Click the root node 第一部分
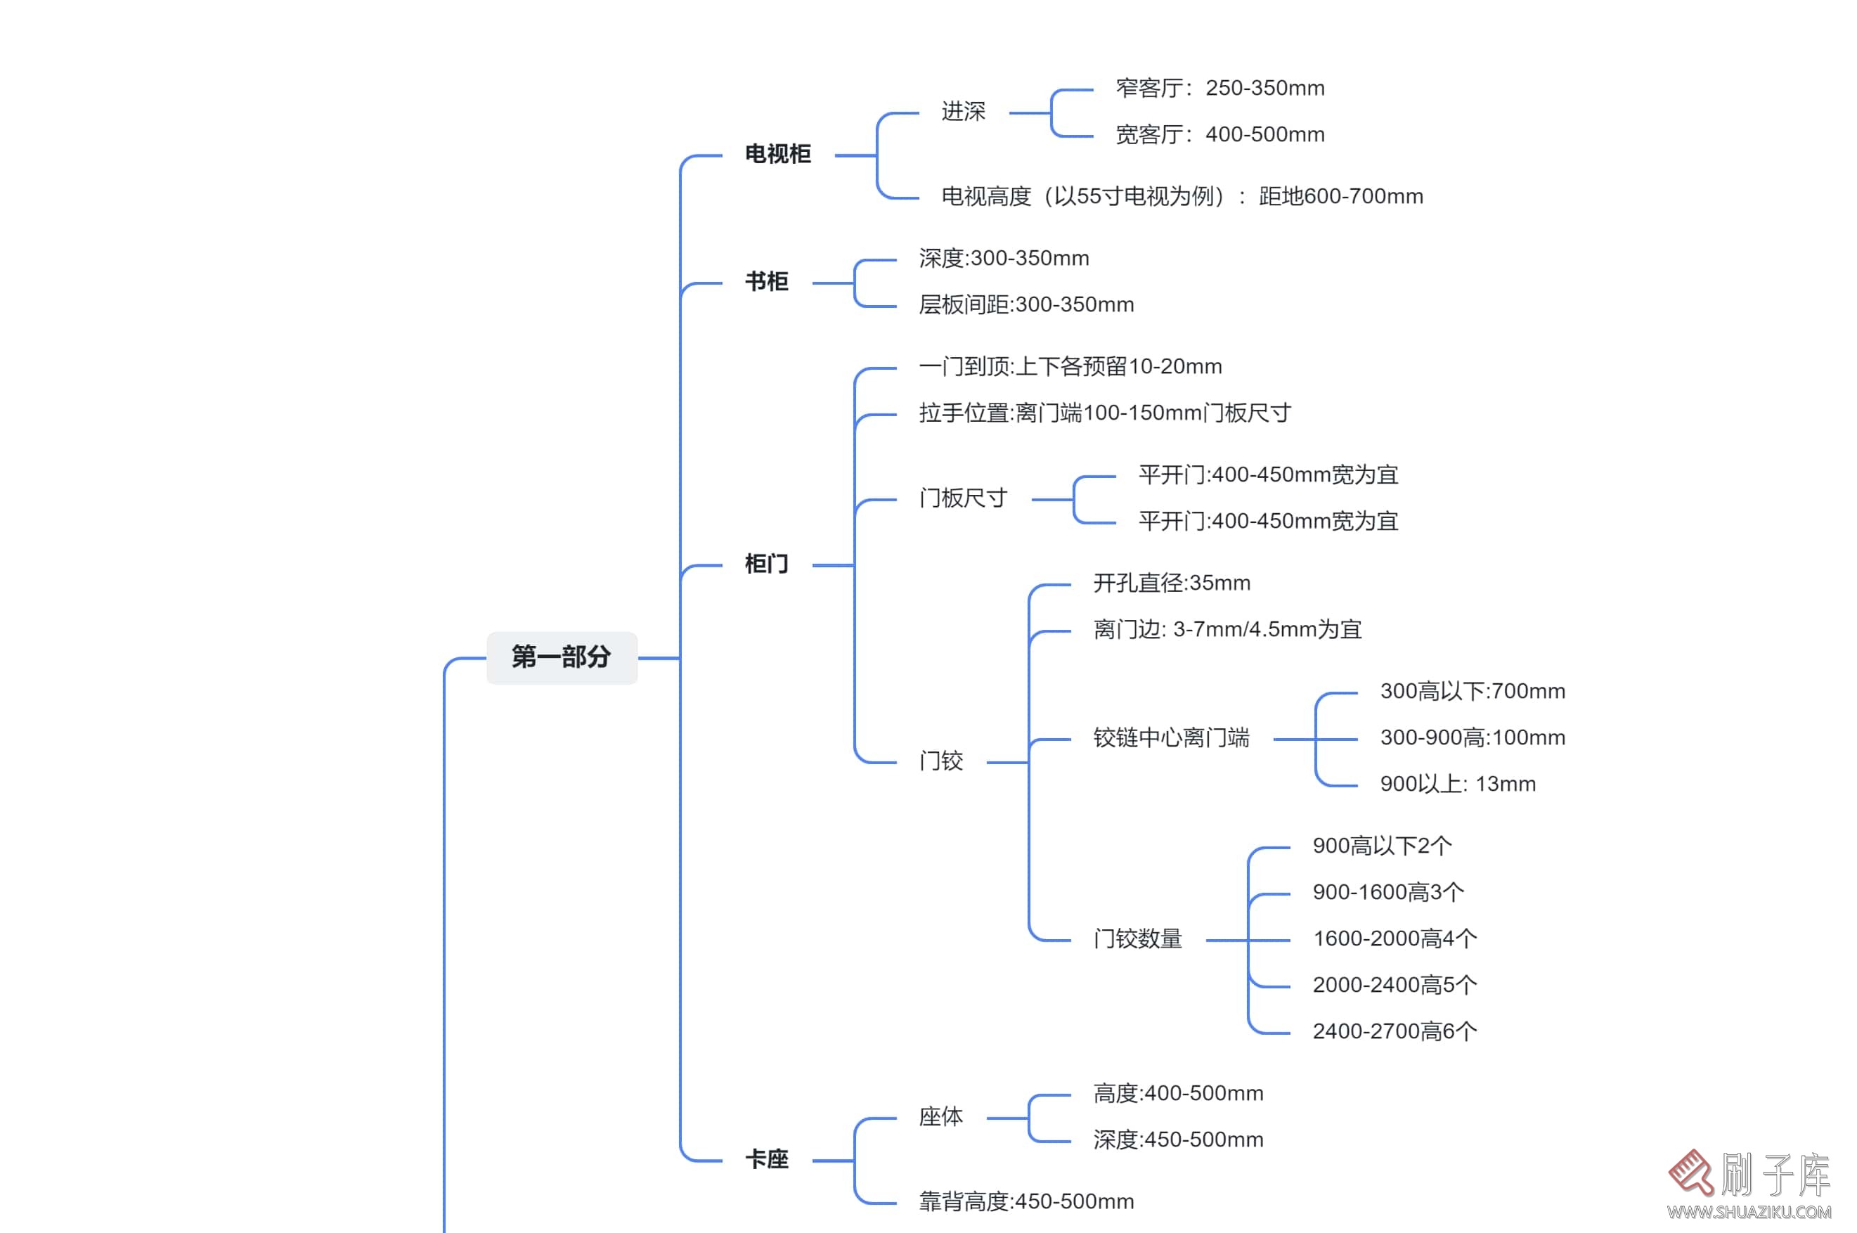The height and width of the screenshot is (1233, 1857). tap(562, 657)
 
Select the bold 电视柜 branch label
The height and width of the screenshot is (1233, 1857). tap(777, 154)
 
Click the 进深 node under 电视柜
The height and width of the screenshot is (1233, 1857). tap(962, 112)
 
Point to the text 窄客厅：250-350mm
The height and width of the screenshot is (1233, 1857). tap(1219, 88)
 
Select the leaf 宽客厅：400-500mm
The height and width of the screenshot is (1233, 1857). tap(1219, 134)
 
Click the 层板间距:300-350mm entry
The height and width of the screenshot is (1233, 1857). tap(1025, 304)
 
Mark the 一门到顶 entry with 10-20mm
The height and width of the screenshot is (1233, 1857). tap(1069, 366)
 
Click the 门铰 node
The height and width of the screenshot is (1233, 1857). tap(940, 761)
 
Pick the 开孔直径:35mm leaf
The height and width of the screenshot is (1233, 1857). tap(1171, 583)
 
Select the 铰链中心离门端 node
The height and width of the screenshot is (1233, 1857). tap(1171, 737)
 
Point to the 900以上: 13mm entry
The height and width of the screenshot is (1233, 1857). tap(1457, 784)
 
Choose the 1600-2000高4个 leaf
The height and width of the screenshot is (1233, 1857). tap(1394, 938)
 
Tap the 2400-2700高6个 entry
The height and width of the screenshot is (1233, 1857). tap(1394, 1031)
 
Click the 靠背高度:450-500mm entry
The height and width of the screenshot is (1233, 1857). tap(1025, 1201)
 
